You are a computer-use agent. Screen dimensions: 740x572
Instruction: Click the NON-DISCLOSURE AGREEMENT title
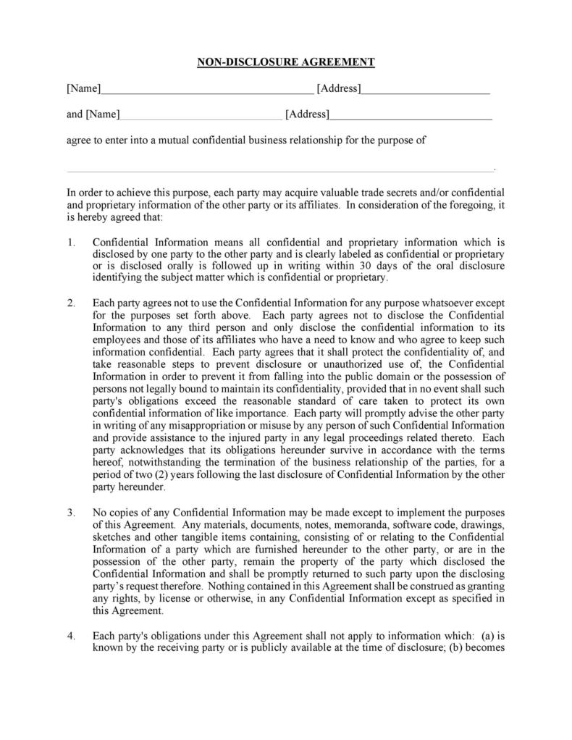(x=286, y=62)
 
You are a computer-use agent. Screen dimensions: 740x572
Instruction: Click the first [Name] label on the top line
(x=83, y=88)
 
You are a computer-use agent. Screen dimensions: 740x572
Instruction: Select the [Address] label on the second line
(x=307, y=114)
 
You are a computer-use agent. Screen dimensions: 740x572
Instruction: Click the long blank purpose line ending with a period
(x=279, y=170)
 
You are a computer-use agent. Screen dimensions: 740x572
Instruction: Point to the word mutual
(x=168, y=140)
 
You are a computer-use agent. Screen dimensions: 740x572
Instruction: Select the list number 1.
(x=71, y=243)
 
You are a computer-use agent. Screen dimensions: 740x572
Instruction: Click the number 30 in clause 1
(x=398, y=266)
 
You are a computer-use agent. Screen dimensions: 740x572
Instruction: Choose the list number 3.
(x=71, y=512)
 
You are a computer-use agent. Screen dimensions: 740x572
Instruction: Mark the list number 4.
(x=71, y=635)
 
